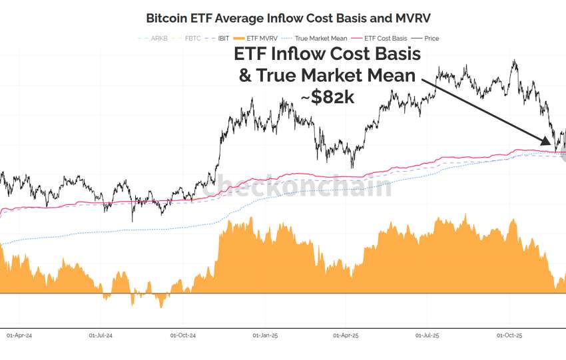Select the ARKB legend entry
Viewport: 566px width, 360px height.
[x=157, y=39]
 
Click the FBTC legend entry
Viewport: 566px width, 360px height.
[x=192, y=39]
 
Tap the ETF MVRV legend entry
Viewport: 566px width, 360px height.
[x=262, y=39]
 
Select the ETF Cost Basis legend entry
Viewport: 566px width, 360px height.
[x=384, y=39]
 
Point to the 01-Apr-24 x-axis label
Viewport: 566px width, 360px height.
[x=19, y=335]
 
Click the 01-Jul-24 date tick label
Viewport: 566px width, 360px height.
[x=102, y=335]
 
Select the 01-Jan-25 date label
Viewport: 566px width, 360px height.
[x=265, y=335]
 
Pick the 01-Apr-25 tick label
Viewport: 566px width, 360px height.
[x=346, y=335]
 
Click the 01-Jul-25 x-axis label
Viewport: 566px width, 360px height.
[x=428, y=335]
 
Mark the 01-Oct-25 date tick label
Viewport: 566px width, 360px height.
[x=509, y=335]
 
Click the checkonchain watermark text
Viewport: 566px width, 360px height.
[x=297, y=187]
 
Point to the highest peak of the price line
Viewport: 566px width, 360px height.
[x=513, y=61]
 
